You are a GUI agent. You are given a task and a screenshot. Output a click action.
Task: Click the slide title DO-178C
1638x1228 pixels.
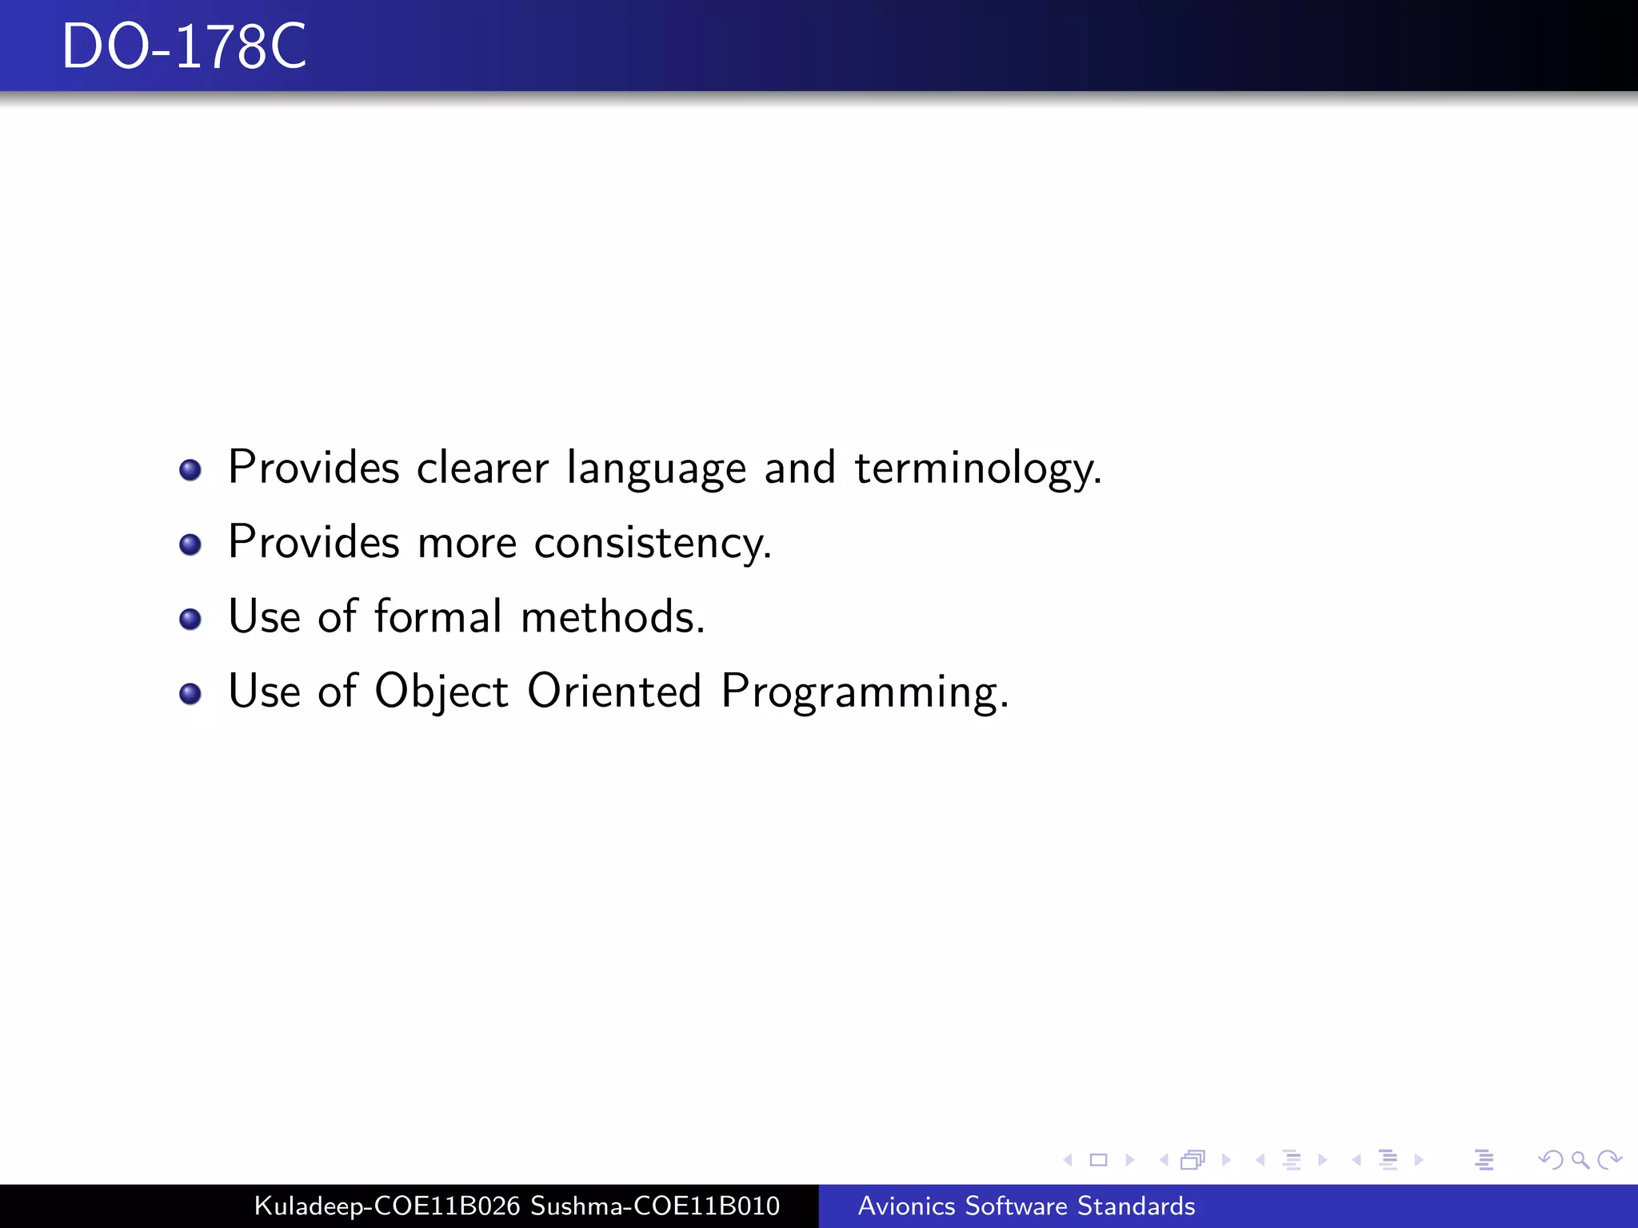coord(184,46)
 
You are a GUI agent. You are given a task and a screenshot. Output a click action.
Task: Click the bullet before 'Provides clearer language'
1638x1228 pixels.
coord(190,469)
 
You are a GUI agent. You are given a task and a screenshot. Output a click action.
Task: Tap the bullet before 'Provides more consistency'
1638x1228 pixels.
coord(190,544)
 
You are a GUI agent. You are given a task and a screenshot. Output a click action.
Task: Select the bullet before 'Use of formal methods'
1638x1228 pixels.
coord(190,619)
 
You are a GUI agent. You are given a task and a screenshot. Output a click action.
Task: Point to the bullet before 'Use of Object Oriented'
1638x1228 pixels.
coord(190,693)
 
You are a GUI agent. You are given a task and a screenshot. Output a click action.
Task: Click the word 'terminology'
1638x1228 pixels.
coord(977,468)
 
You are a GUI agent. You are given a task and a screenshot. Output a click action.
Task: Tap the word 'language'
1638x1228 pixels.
coord(656,468)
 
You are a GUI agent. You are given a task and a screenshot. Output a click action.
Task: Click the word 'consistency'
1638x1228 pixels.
coord(652,543)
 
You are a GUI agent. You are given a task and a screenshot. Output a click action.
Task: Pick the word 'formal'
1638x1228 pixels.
coord(438,617)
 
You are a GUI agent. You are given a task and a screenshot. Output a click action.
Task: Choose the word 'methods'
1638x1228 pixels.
coord(612,617)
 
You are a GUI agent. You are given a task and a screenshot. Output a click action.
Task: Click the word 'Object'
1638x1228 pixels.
coord(441,692)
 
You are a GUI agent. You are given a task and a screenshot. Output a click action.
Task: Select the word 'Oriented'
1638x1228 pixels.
coord(614,692)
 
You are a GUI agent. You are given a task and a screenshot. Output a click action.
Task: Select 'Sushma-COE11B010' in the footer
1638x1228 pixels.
coord(655,1206)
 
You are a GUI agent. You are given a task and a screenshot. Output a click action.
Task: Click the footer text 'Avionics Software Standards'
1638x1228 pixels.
coord(1026,1206)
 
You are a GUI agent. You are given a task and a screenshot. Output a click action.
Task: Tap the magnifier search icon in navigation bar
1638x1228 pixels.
coord(1580,1159)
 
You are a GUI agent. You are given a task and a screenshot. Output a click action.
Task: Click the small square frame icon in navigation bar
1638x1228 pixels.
coord(1098,1159)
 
